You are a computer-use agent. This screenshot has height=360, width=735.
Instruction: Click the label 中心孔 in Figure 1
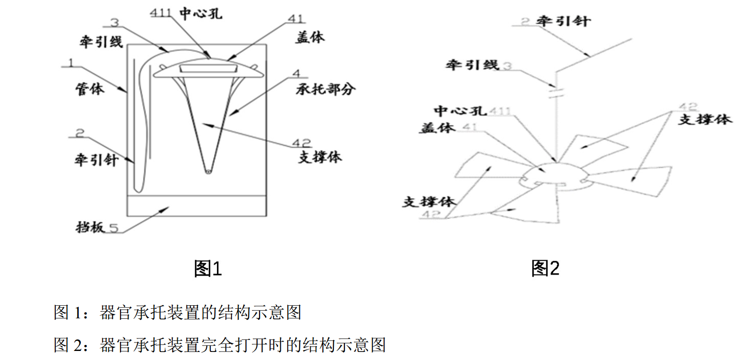201,14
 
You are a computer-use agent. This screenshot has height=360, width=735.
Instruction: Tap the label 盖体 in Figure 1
309,37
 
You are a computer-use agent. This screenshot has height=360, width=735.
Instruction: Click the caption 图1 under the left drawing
207,269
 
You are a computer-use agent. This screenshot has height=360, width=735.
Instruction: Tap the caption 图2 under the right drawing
545,269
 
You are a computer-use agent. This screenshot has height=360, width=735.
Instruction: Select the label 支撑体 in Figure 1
320,157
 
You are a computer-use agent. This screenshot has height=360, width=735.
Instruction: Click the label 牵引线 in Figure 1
100,41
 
